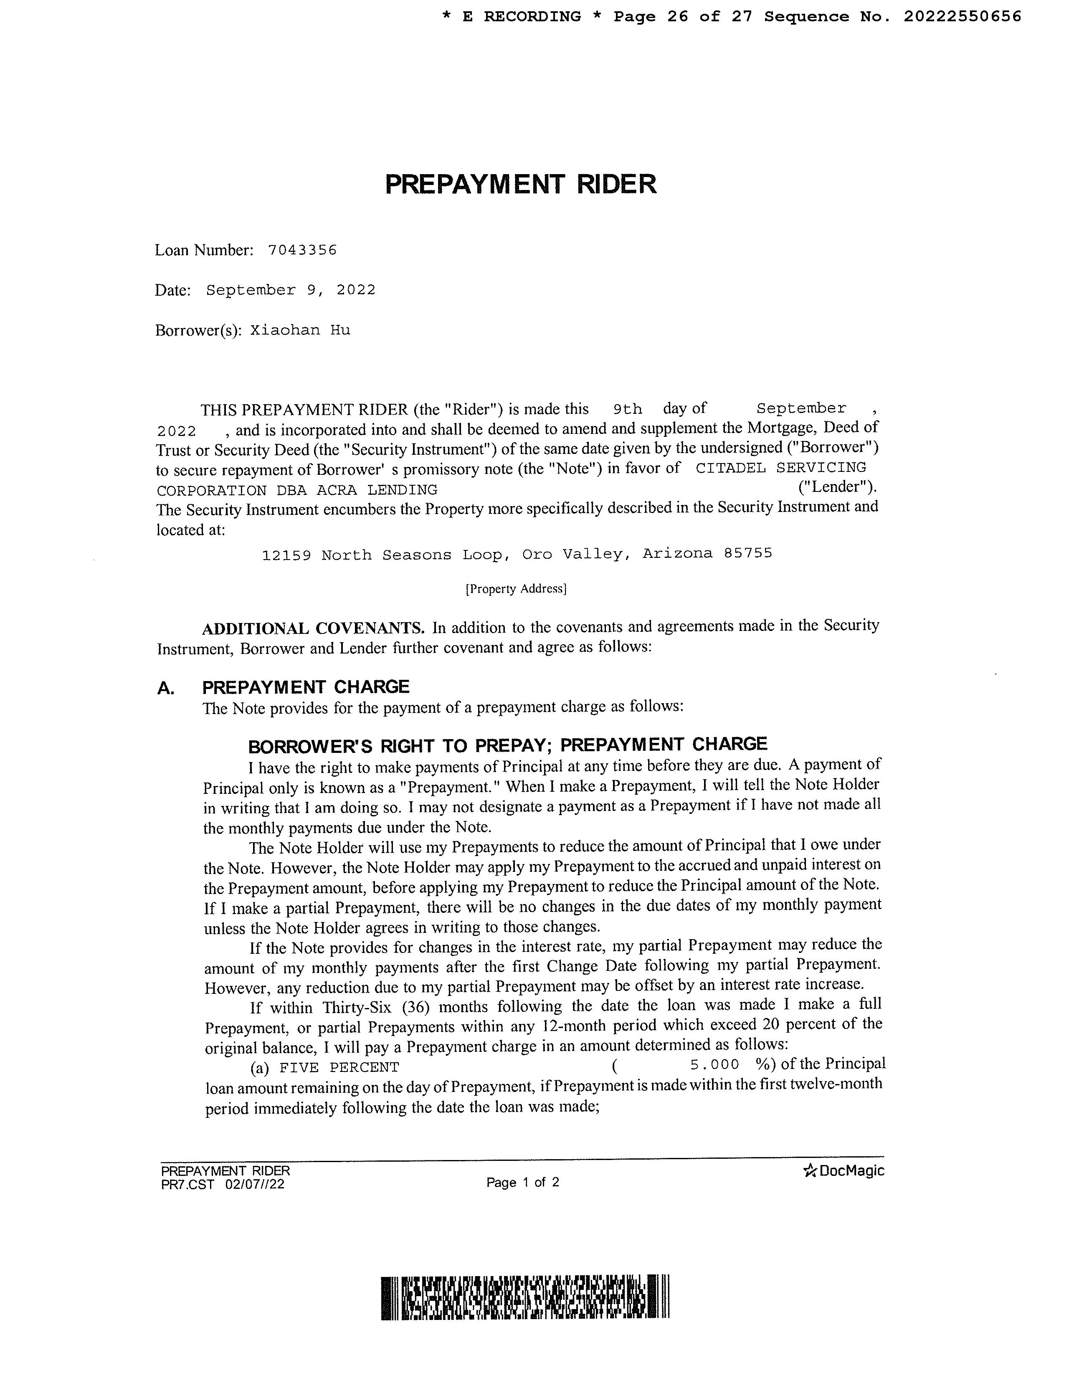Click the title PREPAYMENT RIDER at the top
(x=521, y=184)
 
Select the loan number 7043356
(x=302, y=250)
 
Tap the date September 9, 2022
(x=291, y=290)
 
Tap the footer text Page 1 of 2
(x=522, y=1182)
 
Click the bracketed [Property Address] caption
(x=516, y=589)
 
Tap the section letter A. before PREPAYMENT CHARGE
(x=166, y=688)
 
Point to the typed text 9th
(x=628, y=409)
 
